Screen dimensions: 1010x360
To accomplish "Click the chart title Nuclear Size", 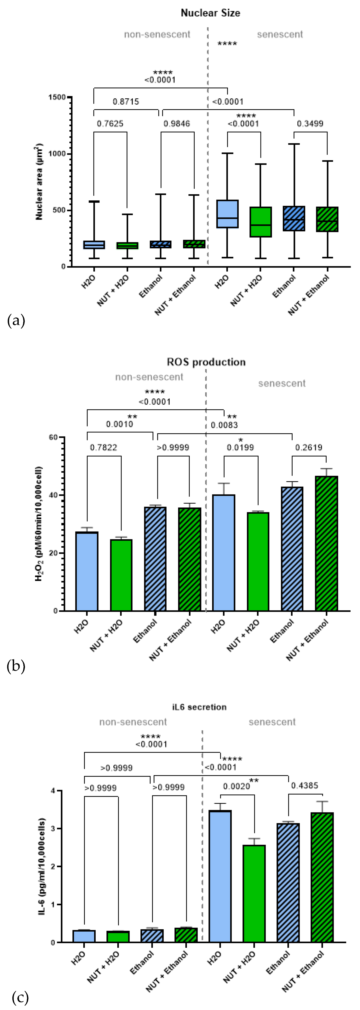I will click(x=210, y=13).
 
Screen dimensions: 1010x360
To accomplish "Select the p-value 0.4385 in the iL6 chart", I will click(x=304, y=785).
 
